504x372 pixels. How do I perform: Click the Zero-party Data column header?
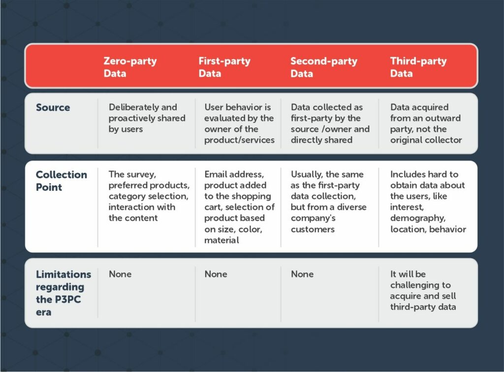(130, 67)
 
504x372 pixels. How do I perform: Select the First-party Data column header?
(224, 67)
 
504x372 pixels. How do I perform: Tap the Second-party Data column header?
(324, 67)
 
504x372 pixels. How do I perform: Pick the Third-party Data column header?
(418, 67)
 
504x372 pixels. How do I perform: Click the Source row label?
(53, 107)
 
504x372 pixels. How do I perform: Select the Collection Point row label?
(62, 181)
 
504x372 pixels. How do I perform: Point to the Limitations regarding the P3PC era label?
(63, 293)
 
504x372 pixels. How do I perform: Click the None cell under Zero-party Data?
(120, 274)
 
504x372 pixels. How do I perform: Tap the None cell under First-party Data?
(216, 274)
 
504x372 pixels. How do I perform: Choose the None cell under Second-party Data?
(302, 274)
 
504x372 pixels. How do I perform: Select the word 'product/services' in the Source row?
(240, 140)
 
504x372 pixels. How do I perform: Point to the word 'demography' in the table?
(417, 218)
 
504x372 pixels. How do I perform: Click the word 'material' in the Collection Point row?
(221, 240)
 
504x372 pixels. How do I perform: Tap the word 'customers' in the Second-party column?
(313, 229)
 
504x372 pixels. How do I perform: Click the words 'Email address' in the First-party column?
(234, 174)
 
